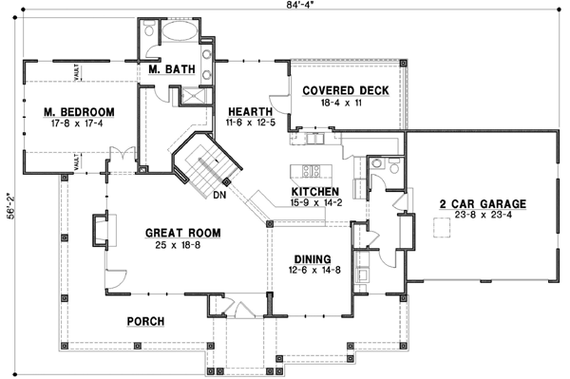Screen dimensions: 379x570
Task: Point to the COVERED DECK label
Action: pos(344,90)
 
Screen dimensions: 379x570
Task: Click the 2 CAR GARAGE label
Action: pos(482,203)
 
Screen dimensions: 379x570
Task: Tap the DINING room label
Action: pos(312,258)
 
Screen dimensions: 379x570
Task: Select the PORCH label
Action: pos(145,321)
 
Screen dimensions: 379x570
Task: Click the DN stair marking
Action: pos(218,196)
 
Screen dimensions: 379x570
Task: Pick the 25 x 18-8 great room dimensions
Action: pos(183,244)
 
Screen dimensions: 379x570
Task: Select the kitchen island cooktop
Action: pos(310,171)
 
